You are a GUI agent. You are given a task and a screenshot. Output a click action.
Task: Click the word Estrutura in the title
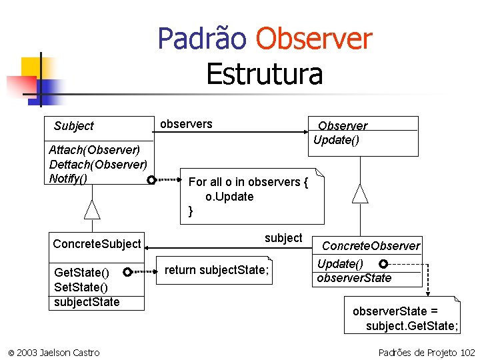264,74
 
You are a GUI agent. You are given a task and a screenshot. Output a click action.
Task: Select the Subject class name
73,126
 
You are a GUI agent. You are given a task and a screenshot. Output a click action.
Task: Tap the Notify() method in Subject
68,179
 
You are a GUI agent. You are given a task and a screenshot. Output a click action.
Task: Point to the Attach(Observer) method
94,150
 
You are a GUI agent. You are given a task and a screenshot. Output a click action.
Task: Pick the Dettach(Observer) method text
97,165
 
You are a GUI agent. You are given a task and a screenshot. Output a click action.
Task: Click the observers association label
186,124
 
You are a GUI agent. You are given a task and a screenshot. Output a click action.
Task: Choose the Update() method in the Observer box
336,140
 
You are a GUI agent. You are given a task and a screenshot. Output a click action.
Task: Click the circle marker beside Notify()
152,180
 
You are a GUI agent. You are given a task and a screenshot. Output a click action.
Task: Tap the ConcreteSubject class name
97,244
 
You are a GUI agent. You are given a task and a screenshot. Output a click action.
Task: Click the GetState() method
81,273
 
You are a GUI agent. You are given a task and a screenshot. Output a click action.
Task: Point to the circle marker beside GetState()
127,272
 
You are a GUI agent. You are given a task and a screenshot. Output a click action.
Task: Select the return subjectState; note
216,270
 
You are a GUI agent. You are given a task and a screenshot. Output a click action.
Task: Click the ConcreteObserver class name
371,246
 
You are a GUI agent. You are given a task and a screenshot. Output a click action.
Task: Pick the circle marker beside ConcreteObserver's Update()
383,264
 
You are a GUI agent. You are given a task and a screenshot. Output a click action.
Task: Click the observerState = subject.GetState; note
405,318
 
